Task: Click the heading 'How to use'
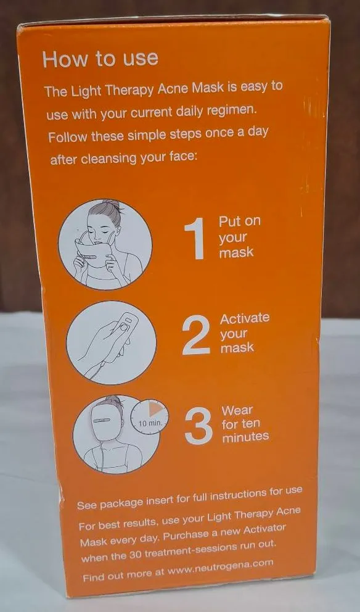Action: click(100, 59)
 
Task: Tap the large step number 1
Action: click(195, 239)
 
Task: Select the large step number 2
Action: click(196, 335)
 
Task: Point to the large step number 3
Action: click(198, 426)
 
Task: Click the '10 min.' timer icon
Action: click(149, 416)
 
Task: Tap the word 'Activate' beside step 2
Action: click(245, 318)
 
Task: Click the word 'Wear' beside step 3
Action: click(237, 411)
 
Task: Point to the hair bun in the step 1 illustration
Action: click(113, 205)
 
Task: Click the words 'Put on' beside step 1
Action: click(239, 221)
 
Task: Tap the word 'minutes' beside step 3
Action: click(245, 437)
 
